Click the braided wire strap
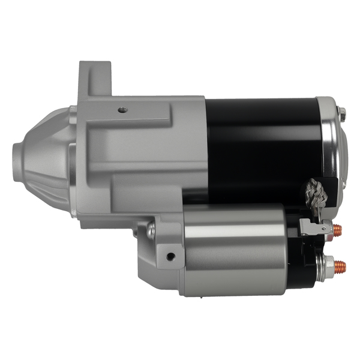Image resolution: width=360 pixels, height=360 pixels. (x=316, y=193)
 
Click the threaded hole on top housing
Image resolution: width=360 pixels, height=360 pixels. (x=123, y=110)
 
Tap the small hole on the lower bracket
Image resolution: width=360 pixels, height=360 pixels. (x=171, y=256)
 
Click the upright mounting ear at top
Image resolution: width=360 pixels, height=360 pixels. (x=95, y=78)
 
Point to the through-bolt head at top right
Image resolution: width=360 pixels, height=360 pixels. (x=341, y=112)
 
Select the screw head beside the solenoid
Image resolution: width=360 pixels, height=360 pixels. (x=151, y=229)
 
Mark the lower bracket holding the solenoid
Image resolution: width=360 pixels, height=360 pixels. (x=159, y=258)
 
